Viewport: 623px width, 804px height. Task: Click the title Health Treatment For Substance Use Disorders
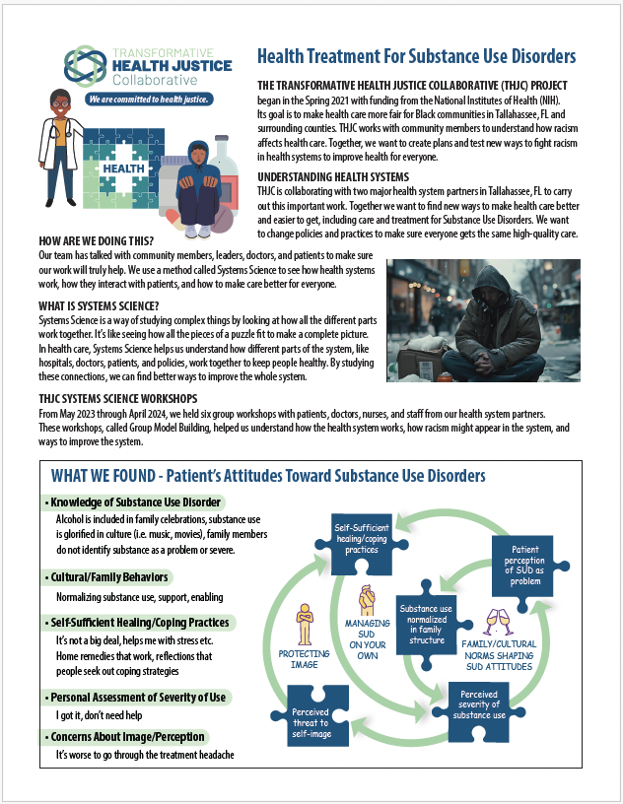click(415, 57)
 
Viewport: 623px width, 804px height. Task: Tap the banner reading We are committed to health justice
click(147, 100)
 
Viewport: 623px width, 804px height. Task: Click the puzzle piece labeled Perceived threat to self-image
click(315, 723)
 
